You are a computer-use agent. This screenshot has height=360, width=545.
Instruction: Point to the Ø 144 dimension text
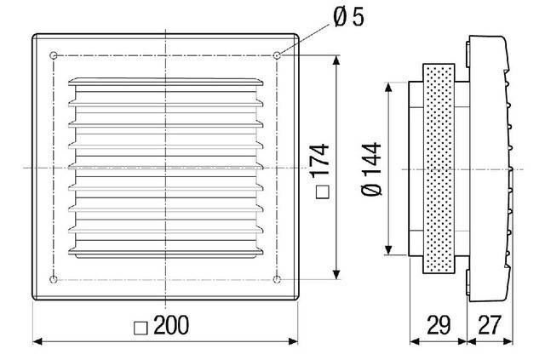(372, 168)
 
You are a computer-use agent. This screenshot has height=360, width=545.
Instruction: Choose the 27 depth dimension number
(490, 323)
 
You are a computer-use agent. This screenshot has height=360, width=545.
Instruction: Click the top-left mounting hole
(54, 56)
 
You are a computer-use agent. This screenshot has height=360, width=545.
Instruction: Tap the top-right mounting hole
(278, 56)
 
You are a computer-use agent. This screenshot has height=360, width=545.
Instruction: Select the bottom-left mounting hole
(54, 279)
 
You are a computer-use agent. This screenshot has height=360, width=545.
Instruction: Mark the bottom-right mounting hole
(278, 279)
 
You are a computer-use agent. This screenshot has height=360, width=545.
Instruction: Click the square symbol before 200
(142, 326)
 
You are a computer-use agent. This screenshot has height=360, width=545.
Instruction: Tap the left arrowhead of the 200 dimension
(37, 343)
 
